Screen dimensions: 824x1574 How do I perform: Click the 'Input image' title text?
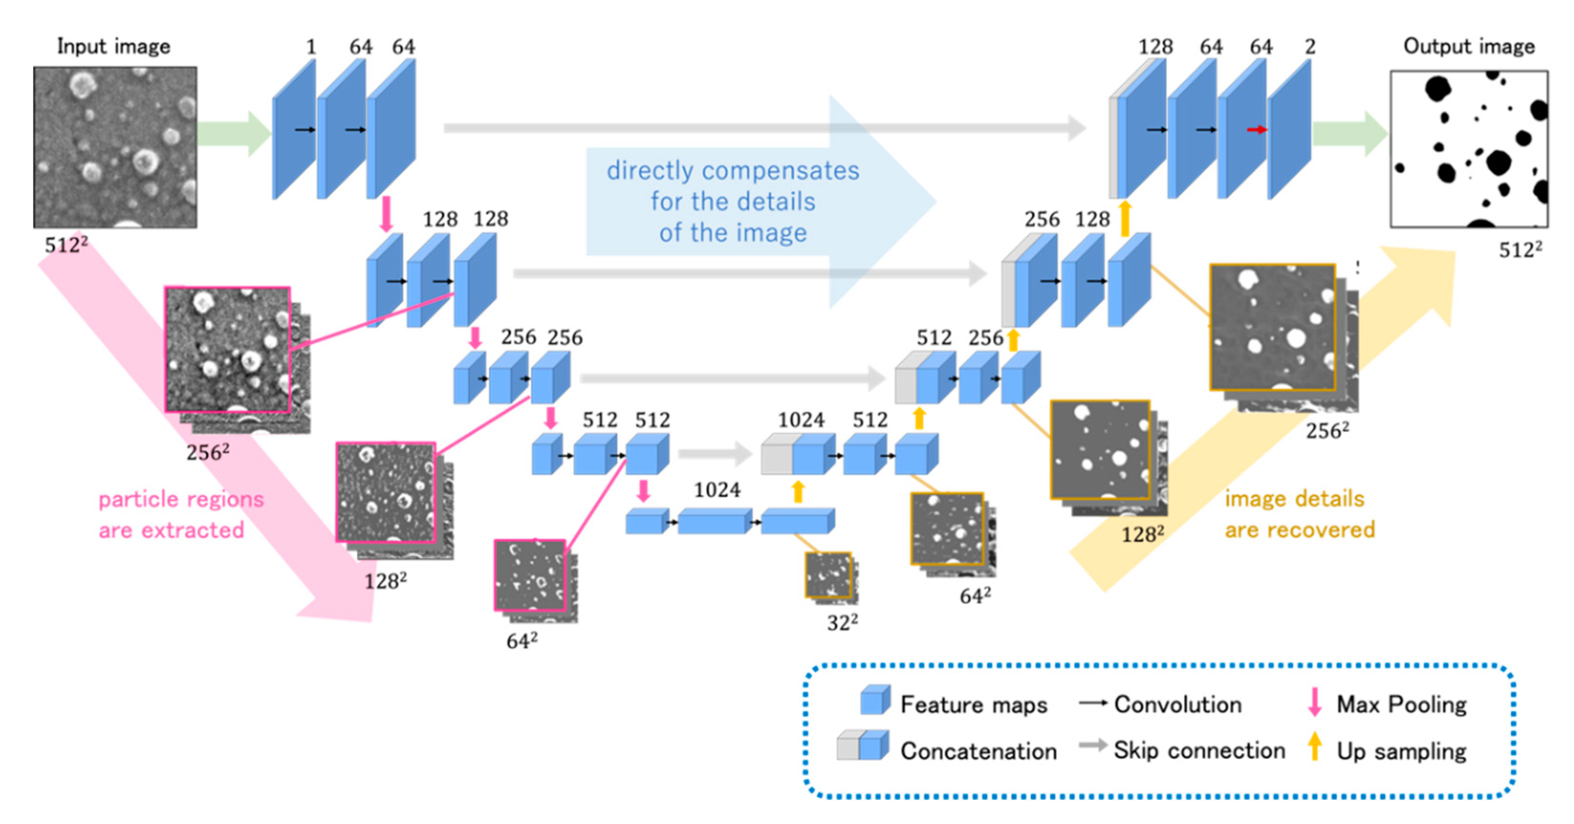click(113, 47)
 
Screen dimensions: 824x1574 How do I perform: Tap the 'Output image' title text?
click(1468, 47)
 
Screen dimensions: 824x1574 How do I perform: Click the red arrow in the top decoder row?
click(1256, 130)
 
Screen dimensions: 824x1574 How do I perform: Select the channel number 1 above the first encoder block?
click(311, 47)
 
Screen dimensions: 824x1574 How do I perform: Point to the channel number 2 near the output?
click(1310, 47)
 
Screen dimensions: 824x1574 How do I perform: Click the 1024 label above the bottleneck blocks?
click(717, 490)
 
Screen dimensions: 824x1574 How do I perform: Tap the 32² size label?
click(842, 623)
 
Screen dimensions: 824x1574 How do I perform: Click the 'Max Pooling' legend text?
click(1401, 704)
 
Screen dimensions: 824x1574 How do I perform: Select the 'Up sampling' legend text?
click(1401, 751)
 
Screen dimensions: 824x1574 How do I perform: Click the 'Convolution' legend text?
click(1178, 704)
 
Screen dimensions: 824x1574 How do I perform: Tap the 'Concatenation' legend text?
click(978, 751)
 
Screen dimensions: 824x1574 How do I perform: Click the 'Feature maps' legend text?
click(974, 704)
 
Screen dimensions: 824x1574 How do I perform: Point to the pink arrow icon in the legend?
click(1314, 702)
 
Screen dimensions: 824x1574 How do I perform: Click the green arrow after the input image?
click(234, 133)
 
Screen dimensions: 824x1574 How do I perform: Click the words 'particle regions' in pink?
click(181, 500)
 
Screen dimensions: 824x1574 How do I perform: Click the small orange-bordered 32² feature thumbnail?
click(828, 575)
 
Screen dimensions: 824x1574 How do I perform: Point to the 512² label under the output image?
click(1520, 250)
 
